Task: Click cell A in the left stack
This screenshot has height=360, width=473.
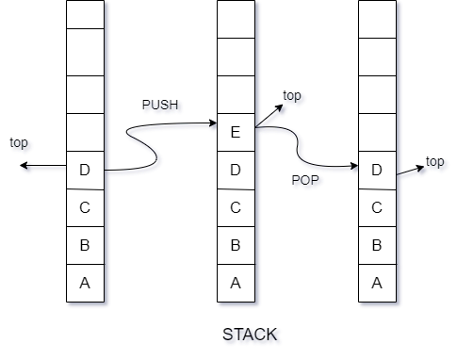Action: click(x=85, y=284)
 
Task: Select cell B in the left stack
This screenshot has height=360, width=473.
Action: click(x=85, y=246)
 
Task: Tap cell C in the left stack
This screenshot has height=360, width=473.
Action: click(x=85, y=208)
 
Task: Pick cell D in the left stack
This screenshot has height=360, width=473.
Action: click(x=85, y=171)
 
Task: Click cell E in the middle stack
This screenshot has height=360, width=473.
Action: click(x=236, y=133)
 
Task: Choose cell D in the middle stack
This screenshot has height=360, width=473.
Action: click(x=236, y=171)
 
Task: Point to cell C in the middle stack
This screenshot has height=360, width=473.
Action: click(x=236, y=208)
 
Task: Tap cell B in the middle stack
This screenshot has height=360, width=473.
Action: click(x=236, y=246)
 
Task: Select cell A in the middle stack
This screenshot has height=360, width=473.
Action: click(x=236, y=284)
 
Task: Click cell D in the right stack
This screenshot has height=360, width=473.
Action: click(x=377, y=171)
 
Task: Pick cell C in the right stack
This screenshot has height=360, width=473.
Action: click(x=377, y=208)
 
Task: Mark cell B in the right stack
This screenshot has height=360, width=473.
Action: click(x=377, y=246)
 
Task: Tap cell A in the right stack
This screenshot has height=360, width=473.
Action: click(x=377, y=284)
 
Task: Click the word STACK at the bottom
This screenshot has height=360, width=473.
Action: click(x=252, y=335)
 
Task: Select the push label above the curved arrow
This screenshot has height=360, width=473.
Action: click(x=162, y=106)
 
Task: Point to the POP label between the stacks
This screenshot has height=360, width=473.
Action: click(x=307, y=180)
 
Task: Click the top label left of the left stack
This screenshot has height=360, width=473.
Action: click(x=22, y=145)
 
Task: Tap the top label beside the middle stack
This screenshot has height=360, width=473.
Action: click(x=295, y=98)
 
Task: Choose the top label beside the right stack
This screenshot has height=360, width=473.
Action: click(x=437, y=163)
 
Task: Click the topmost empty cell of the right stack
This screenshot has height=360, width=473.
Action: click(x=377, y=14)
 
